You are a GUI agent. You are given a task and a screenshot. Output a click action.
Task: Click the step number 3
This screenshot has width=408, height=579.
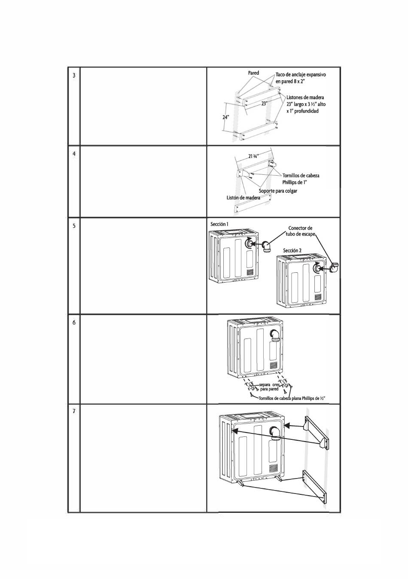74,76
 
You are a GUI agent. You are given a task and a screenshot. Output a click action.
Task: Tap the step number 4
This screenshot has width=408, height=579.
74,153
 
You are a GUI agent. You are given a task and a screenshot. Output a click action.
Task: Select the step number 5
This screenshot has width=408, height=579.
74,226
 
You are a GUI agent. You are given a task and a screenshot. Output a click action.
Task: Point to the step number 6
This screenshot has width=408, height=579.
74,323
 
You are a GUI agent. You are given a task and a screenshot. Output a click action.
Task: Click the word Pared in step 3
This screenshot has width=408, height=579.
253,73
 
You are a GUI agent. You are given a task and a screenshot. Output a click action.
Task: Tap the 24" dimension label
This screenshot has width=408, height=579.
226,117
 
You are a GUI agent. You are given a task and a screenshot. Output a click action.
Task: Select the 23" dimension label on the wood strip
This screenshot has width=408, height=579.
264,104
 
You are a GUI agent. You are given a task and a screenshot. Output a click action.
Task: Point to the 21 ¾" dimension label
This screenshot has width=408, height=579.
254,156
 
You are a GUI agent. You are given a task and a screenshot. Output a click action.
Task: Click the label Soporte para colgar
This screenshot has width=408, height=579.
278,191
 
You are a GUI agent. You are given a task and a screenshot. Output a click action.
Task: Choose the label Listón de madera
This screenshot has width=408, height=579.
243,198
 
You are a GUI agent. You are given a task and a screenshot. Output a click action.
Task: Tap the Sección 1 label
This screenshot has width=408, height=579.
219,224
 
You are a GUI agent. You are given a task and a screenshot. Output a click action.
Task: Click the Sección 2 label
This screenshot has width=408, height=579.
292,250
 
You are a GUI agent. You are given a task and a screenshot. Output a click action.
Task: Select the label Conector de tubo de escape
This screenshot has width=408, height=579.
300,231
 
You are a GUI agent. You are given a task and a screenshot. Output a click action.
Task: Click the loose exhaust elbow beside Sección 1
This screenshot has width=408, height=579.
266,247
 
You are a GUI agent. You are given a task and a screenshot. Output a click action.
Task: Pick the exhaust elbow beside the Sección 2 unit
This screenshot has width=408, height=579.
335,268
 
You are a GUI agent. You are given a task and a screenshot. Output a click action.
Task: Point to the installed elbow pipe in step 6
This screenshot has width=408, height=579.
275,337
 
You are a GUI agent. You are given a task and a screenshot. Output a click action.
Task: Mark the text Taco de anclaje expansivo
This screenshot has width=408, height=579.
301,75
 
